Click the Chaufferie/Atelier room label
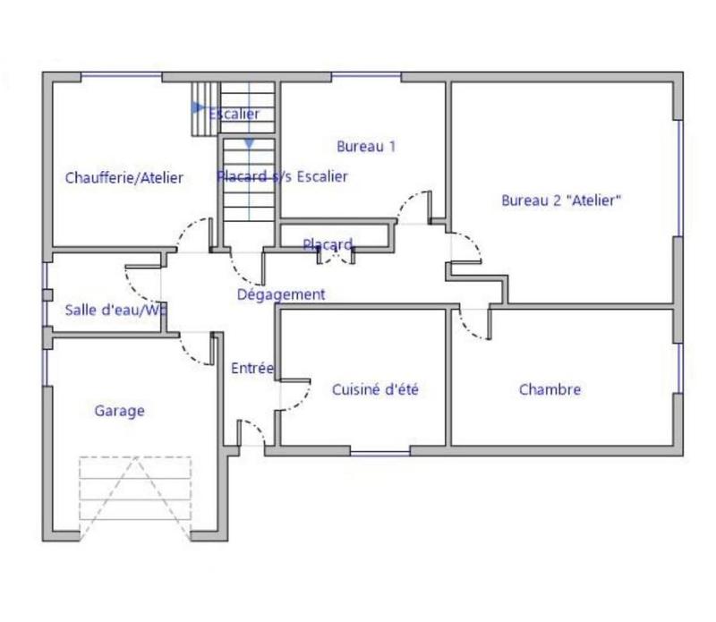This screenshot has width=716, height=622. click(x=124, y=178)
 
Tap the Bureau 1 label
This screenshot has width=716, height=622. click(x=366, y=146)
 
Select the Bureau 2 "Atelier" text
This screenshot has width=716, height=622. click(x=561, y=201)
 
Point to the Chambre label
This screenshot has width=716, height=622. click(x=550, y=389)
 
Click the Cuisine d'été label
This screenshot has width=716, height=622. click(x=375, y=389)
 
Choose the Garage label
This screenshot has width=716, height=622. click(x=119, y=411)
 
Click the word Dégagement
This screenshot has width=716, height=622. click(x=281, y=294)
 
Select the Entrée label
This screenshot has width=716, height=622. click(x=251, y=368)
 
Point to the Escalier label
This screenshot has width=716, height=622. click(x=234, y=114)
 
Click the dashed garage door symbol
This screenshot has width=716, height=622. click(x=135, y=498)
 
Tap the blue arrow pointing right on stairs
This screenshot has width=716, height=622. click(x=198, y=107)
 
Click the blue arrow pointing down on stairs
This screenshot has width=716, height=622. click(x=249, y=142)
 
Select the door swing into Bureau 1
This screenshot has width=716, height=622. click(x=413, y=207)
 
